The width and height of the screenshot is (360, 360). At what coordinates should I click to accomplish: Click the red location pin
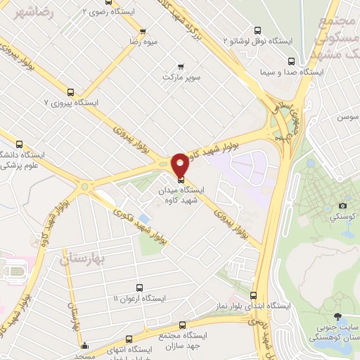[180, 165]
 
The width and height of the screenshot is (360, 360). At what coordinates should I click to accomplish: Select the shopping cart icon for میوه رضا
[143, 32]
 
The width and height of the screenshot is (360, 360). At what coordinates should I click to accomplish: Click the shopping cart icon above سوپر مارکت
[182, 65]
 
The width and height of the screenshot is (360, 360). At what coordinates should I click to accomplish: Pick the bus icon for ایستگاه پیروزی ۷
[70, 91]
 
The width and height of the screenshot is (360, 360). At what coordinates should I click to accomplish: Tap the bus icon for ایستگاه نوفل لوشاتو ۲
[257, 31]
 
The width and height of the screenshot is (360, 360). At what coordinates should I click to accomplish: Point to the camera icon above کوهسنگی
[342, 205]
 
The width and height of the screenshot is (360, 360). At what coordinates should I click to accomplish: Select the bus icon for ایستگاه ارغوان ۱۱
[139, 288]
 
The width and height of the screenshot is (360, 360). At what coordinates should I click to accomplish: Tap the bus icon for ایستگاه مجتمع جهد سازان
[184, 325]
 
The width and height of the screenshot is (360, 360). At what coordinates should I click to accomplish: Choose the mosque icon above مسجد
[84, 346]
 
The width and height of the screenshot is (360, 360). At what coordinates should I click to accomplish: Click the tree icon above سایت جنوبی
[340, 317]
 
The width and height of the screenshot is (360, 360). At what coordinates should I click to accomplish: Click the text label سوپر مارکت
[182, 75]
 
